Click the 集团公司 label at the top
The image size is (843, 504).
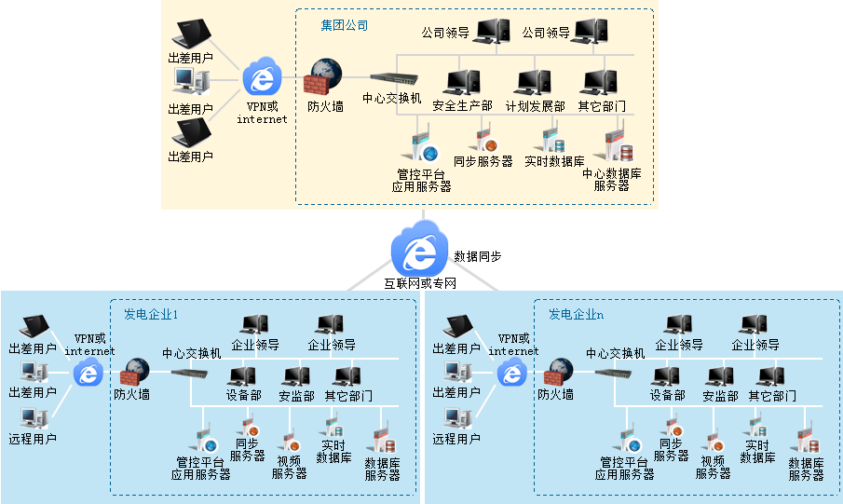[x=345, y=25]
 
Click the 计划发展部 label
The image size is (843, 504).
[x=535, y=106]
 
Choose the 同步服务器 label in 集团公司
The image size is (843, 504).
[x=483, y=161]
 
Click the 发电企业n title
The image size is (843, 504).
[x=576, y=314]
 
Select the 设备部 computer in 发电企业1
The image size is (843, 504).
[x=242, y=376]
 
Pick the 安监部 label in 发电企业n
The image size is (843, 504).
[x=720, y=396]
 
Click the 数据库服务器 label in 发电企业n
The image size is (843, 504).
[x=806, y=469]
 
